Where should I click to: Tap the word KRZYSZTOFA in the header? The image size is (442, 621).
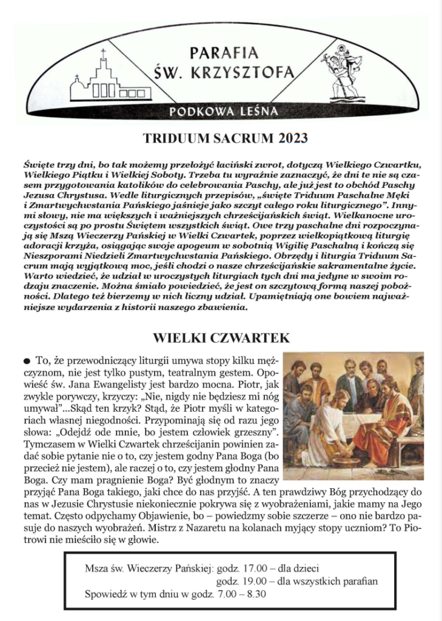(245, 74)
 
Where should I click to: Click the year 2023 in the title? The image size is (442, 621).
(292, 138)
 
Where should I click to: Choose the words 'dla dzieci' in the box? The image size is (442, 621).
(299, 568)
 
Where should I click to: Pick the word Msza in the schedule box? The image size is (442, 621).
(97, 568)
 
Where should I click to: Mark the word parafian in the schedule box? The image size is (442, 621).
(359, 581)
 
